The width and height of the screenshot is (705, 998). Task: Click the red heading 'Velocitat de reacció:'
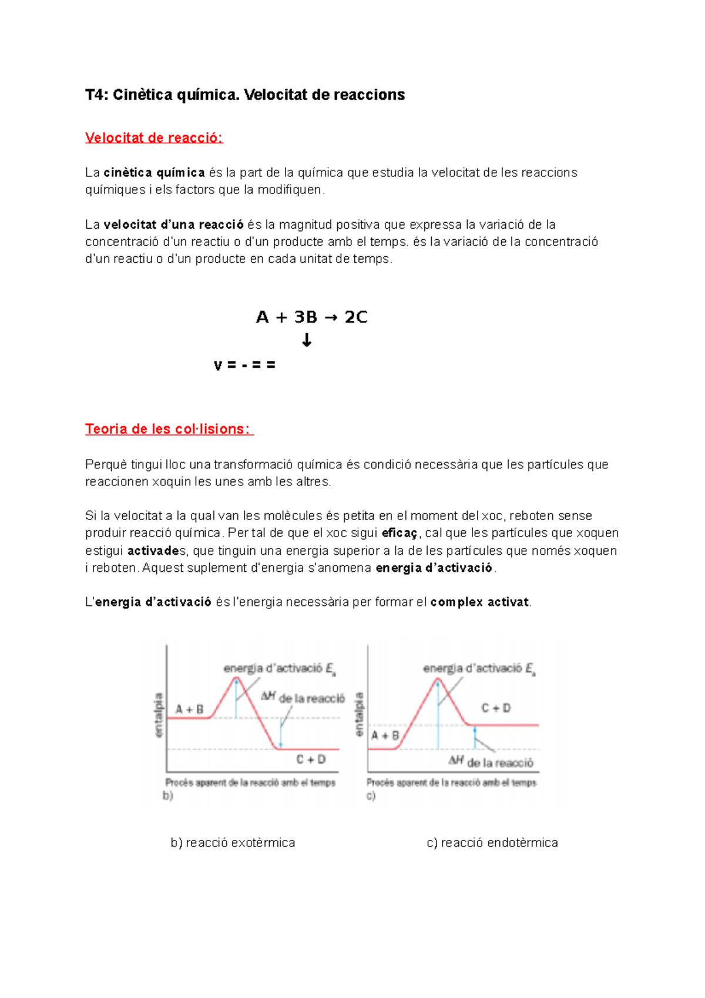click(x=153, y=138)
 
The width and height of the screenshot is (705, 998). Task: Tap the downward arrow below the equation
click(x=306, y=340)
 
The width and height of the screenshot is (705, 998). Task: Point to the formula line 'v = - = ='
click(x=244, y=365)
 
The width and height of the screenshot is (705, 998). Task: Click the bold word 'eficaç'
click(x=399, y=533)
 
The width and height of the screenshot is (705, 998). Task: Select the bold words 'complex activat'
click(x=480, y=602)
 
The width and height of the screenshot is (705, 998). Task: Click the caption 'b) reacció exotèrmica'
click(x=233, y=843)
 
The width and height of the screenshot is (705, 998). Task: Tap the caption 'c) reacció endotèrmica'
click(x=492, y=843)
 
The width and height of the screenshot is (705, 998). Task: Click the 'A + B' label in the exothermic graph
click(x=189, y=709)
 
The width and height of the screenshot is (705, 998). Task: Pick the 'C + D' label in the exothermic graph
click(x=311, y=759)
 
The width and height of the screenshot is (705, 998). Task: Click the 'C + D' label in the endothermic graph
click(x=496, y=708)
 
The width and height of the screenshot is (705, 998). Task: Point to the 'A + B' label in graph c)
click(x=385, y=735)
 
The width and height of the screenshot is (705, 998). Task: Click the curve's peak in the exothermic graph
click(x=237, y=678)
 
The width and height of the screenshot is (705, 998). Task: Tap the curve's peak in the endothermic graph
click(x=438, y=679)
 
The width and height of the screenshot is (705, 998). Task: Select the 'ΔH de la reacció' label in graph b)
click(x=303, y=698)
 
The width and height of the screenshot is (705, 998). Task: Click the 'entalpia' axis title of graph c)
click(x=360, y=714)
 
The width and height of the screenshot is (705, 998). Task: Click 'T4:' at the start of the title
click(x=96, y=95)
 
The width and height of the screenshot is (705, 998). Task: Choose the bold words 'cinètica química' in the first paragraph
click(x=154, y=173)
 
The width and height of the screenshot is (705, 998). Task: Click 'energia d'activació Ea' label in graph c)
click(x=479, y=669)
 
